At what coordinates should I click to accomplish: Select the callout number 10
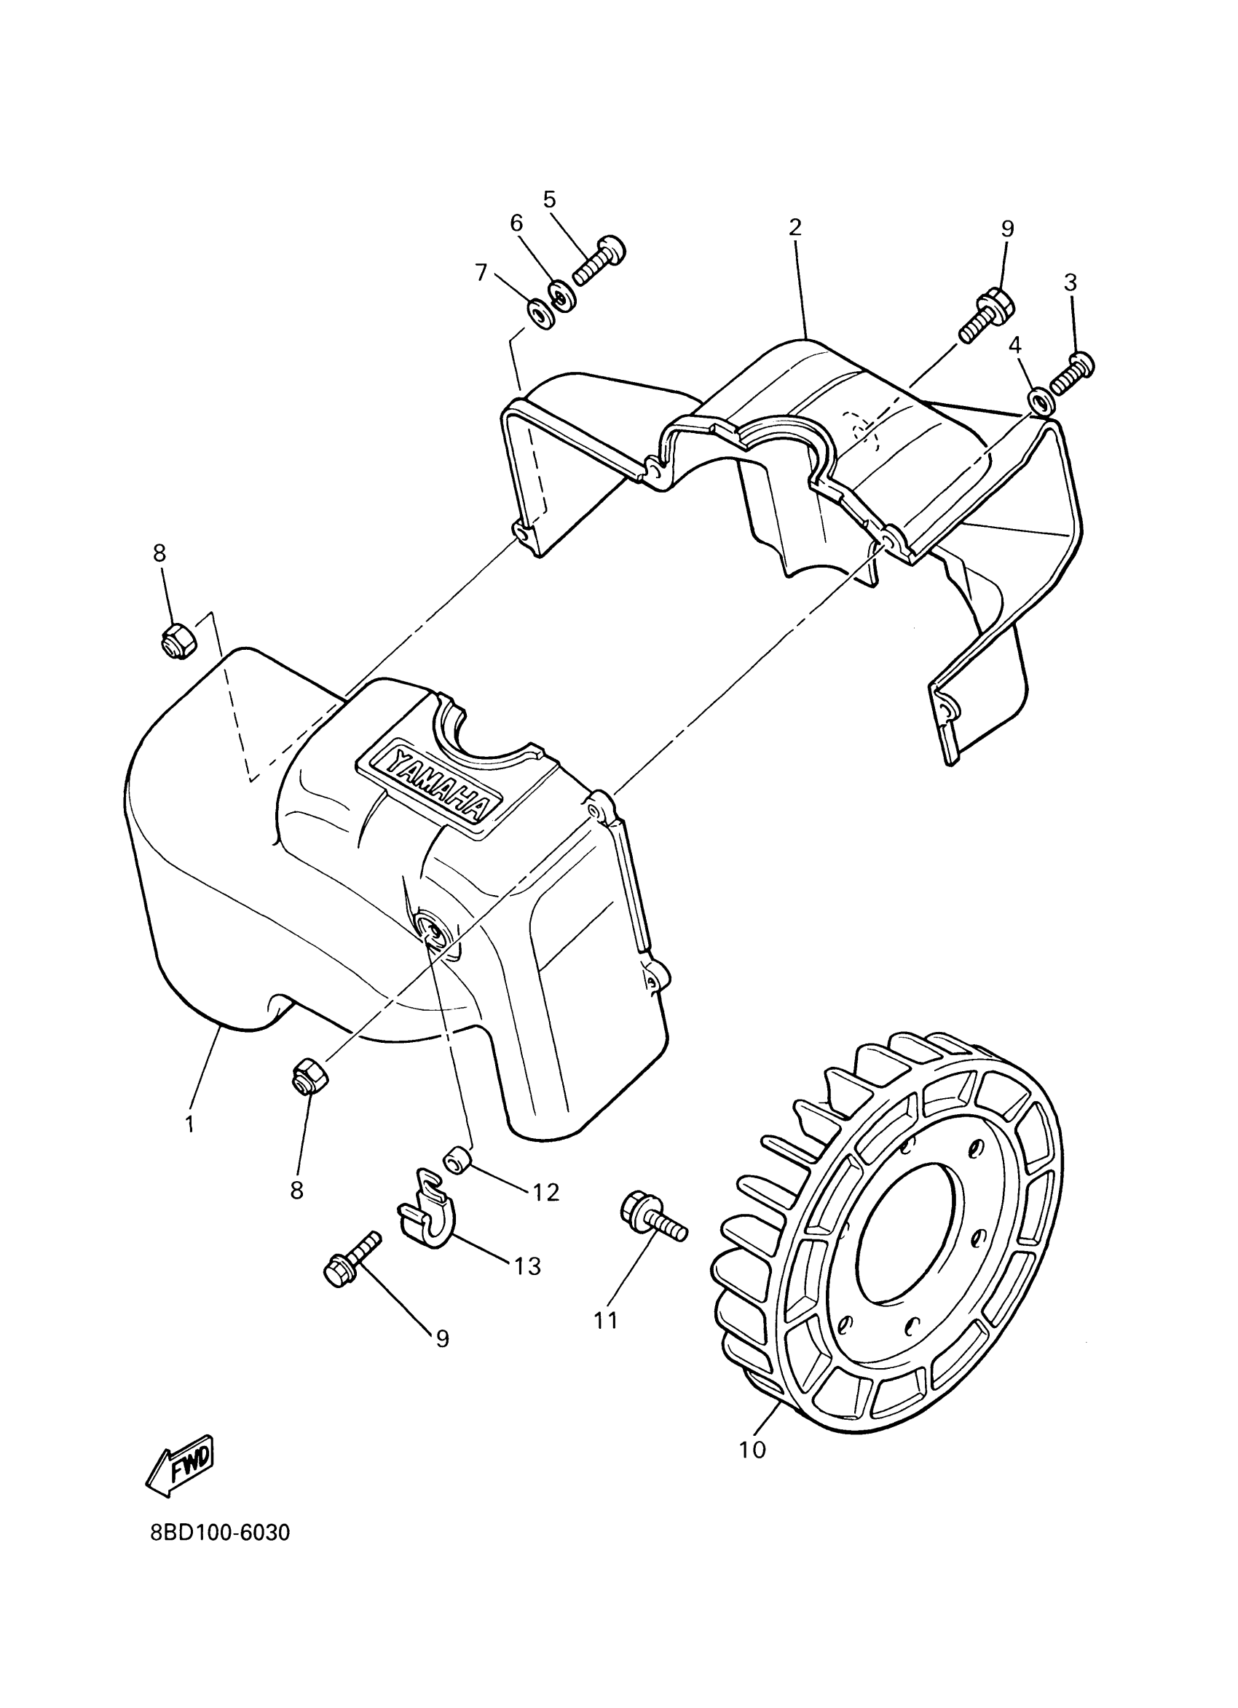click(x=752, y=1449)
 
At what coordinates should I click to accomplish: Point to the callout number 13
click(x=528, y=1266)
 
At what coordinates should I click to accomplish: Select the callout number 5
click(x=549, y=199)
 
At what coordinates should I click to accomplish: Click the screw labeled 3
click(x=1071, y=373)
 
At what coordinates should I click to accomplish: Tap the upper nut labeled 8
click(x=178, y=643)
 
